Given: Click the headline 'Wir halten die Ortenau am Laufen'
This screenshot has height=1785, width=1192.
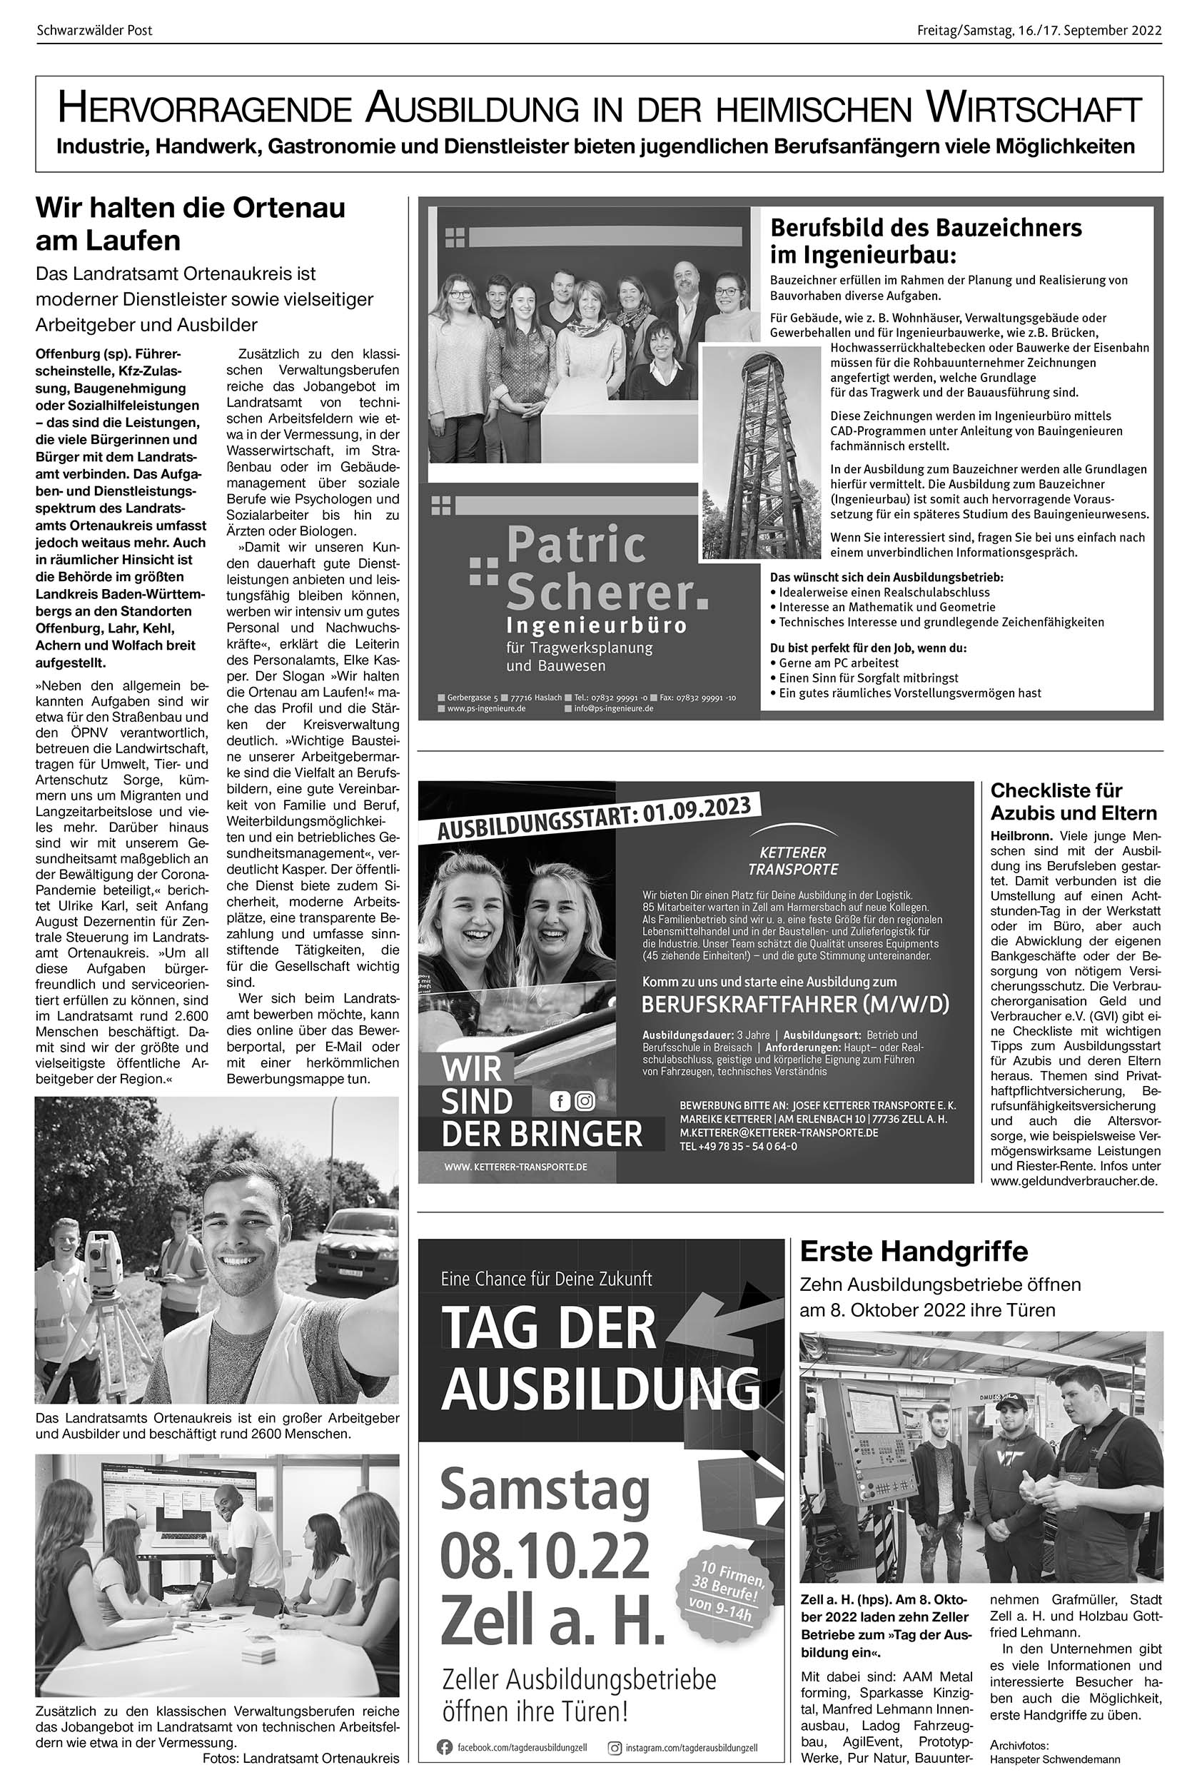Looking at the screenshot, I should pos(190,224).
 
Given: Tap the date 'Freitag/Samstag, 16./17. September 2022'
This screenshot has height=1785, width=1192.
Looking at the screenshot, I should pos(1039,31).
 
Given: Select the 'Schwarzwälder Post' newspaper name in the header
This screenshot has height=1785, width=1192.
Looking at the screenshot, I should pos(94,31).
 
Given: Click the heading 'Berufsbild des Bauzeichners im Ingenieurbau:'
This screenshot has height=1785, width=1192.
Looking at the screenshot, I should pos(925,239).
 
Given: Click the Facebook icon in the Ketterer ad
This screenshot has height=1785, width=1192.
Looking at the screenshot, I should pos(560,1100).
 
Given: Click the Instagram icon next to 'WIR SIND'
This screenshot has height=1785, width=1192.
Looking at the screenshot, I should pos(585,1100).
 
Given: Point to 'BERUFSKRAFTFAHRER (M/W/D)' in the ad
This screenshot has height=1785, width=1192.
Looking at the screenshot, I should pos(795,1005).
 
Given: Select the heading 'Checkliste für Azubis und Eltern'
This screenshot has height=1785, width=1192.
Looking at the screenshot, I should pos(1074,801).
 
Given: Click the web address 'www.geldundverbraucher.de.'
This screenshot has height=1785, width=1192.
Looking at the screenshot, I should pos(1074,1181).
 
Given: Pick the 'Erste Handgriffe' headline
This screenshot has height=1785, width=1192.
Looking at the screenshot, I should pos(913,1250).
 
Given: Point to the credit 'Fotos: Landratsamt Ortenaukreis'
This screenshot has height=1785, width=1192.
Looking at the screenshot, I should pos(300,1759).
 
